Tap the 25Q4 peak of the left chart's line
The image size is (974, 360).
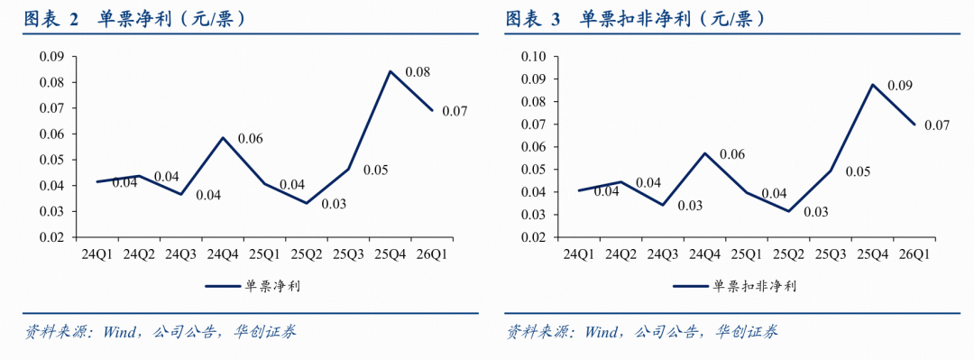(391, 71)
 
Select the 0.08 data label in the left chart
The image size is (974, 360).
(418, 72)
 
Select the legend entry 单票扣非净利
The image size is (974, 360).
(734, 286)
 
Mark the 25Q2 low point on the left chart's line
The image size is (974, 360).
(307, 203)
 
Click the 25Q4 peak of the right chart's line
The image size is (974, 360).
(872, 85)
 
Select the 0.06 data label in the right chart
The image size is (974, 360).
(732, 153)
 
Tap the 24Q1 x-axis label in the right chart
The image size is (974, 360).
(578, 254)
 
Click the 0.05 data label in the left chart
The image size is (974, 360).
(376, 170)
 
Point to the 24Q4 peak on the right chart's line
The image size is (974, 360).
(704, 153)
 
